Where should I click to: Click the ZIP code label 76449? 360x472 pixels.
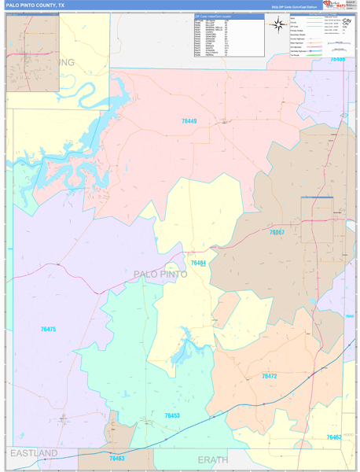pyautogui.click(x=189, y=121)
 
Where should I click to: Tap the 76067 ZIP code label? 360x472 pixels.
pyautogui.click(x=277, y=233)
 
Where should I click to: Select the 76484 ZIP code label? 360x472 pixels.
pyautogui.click(x=197, y=263)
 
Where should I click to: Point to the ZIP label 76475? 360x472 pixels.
pyautogui.click(x=48, y=329)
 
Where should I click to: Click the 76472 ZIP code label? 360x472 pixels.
pyautogui.click(x=269, y=377)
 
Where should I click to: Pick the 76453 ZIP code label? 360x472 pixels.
pyautogui.click(x=172, y=415)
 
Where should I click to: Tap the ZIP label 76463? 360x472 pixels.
pyautogui.click(x=117, y=458)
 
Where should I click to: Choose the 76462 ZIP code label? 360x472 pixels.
pyautogui.click(x=334, y=437)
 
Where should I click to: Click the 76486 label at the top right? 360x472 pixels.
pyautogui.click(x=336, y=59)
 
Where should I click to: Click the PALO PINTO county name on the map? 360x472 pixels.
pyautogui.click(x=161, y=274)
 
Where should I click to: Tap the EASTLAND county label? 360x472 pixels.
pyautogui.click(x=34, y=454)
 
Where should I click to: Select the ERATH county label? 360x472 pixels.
pyautogui.click(x=212, y=459)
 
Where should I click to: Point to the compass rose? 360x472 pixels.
pyautogui.click(x=278, y=24)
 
